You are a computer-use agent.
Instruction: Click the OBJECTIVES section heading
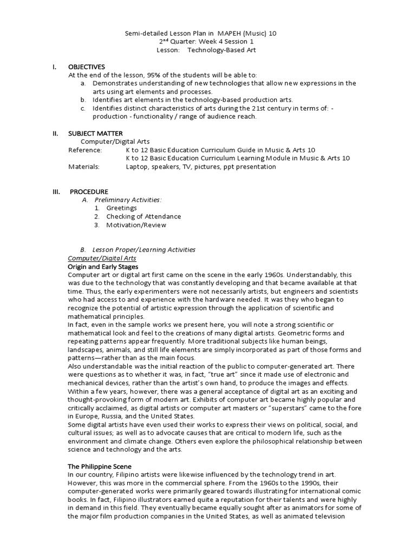click(87, 66)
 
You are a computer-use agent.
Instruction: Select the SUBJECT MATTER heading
click(95, 133)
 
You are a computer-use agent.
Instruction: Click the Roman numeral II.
click(55, 133)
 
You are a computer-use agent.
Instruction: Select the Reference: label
click(85, 150)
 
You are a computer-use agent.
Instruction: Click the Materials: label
click(84, 166)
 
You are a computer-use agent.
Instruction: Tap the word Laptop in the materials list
click(137, 166)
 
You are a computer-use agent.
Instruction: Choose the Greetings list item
click(121, 208)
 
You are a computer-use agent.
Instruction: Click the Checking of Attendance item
click(144, 216)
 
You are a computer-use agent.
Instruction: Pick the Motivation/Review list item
click(136, 225)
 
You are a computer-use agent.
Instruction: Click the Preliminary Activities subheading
click(127, 199)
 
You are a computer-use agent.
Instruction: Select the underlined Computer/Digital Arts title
click(101, 258)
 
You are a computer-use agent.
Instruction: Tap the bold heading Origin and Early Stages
click(103, 267)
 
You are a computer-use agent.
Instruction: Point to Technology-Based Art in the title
click(222, 50)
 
